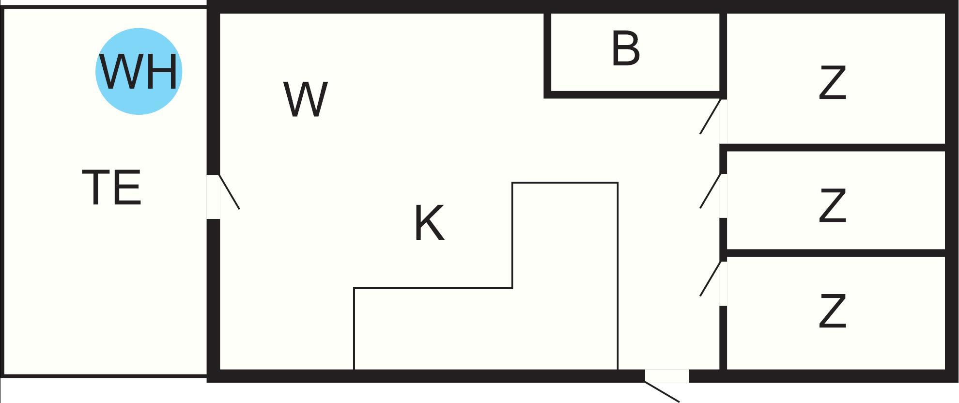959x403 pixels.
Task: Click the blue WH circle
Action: tap(139, 71)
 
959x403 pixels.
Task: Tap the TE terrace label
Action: tap(112, 187)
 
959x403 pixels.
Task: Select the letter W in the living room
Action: tap(305, 99)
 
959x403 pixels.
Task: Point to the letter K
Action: tap(430, 223)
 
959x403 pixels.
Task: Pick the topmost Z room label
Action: tap(832, 83)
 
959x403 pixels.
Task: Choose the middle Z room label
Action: tap(832, 206)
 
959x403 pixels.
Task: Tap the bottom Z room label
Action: tap(832, 311)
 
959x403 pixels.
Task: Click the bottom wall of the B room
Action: tap(635, 94)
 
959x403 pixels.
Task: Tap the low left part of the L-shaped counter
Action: tap(433, 329)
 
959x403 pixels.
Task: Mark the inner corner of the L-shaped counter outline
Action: tap(512, 288)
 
